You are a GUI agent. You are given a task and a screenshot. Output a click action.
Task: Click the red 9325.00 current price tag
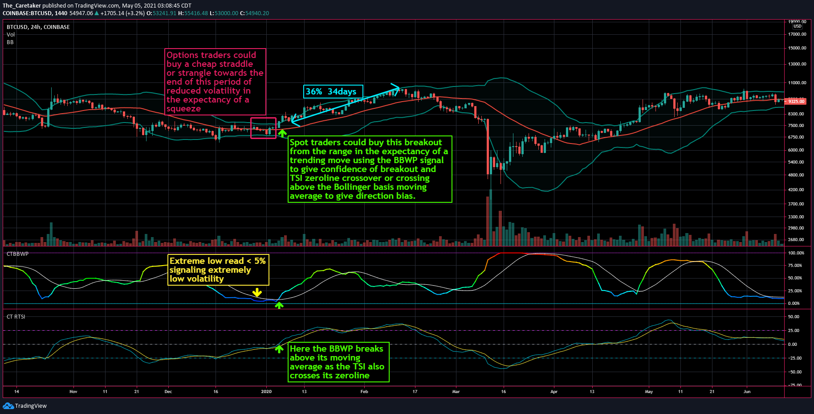click(x=796, y=101)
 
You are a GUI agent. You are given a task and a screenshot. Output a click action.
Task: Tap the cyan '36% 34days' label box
click(x=333, y=91)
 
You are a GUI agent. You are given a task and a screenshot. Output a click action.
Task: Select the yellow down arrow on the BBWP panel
click(x=257, y=292)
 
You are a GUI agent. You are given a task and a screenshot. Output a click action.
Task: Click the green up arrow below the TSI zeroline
click(x=279, y=349)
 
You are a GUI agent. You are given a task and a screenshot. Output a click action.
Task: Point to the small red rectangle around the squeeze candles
click(x=263, y=128)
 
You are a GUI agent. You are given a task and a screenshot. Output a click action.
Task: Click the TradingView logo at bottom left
click(x=25, y=406)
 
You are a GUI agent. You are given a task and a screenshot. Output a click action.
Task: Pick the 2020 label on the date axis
click(x=266, y=392)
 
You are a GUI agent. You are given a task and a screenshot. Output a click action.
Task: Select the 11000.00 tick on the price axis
click(x=797, y=83)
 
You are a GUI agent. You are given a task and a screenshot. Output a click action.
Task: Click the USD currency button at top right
click(x=797, y=26)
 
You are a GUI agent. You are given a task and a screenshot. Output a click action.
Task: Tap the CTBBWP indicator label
click(x=17, y=254)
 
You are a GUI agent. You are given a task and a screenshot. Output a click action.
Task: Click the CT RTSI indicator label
click(x=16, y=317)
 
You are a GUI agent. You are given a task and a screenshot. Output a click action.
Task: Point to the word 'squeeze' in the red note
click(x=183, y=109)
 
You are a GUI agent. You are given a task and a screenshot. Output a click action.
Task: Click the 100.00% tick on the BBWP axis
click(x=796, y=253)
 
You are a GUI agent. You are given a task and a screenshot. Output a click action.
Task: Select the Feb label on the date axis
click(x=364, y=392)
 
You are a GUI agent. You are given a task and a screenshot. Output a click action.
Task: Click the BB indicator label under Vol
click(x=10, y=42)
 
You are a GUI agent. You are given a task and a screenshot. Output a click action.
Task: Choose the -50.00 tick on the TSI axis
click(x=795, y=372)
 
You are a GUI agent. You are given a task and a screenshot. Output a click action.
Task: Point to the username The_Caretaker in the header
click(x=22, y=6)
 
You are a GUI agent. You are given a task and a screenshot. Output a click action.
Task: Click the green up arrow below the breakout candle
click(x=282, y=133)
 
